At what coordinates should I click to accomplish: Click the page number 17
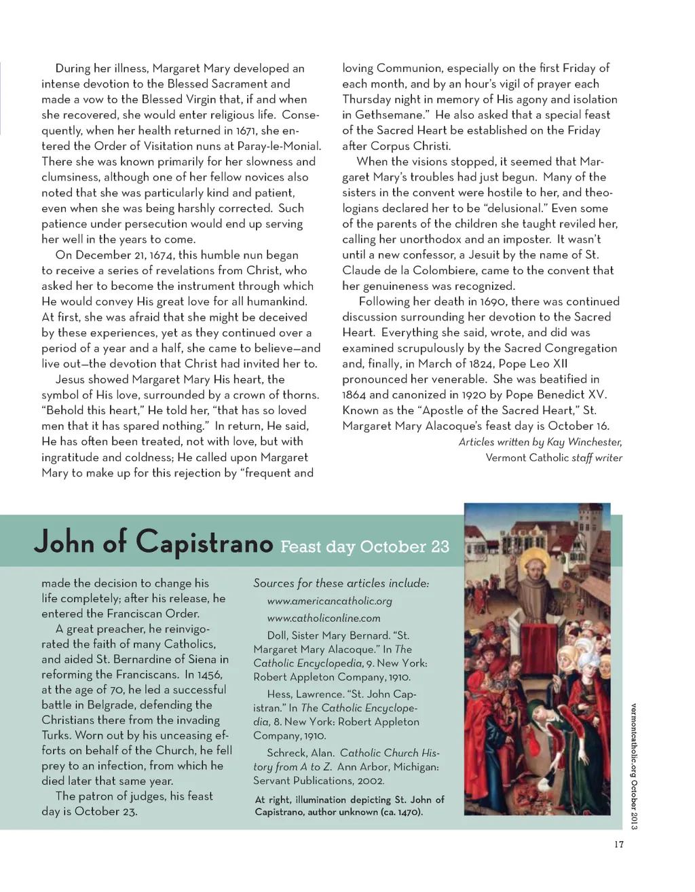(x=618, y=844)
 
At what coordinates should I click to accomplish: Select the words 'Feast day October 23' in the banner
(x=364, y=546)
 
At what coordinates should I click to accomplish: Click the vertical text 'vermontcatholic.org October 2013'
(x=634, y=766)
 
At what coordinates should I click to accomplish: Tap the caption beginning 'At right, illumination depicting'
(x=350, y=806)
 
